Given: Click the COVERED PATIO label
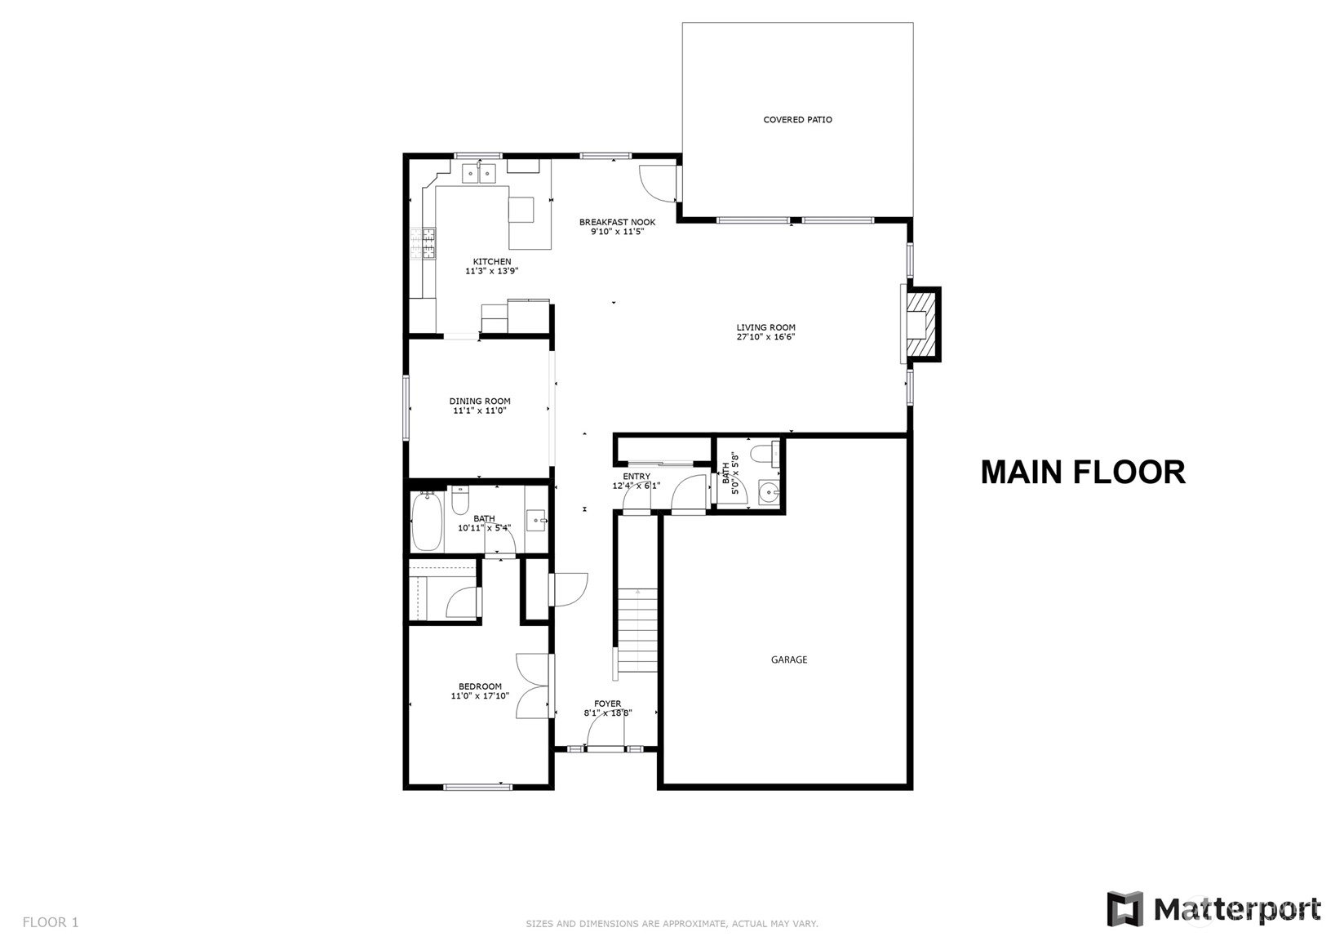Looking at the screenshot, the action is (x=797, y=120).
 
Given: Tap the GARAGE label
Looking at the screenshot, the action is (x=789, y=659).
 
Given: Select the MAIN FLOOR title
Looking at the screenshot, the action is (x=1083, y=472).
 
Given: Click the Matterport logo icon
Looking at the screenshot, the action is (x=1125, y=908).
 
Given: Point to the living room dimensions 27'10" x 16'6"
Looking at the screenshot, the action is (x=766, y=337).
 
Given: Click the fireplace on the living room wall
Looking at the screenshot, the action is (x=920, y=324).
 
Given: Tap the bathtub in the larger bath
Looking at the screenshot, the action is (x=428, y=521).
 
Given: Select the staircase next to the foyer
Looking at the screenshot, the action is (x=638, y=632).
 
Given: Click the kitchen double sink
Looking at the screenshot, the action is (x=479, y=173).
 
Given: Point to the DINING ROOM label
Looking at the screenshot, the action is (x=480, y=402).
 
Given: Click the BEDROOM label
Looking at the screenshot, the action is (x=480, y=686).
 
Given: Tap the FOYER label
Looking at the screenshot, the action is (x=608, y=704).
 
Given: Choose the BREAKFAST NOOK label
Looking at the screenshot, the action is (x=618, y=222).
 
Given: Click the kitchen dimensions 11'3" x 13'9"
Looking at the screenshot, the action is (x=492, y=271).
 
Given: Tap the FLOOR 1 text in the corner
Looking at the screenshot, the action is (x=51, y=922).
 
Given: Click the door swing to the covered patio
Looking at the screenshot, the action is (x=658, y=183).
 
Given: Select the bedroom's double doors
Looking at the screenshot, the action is (x=534, y=686).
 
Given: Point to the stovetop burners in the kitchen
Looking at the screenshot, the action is (x=423, y=244).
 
